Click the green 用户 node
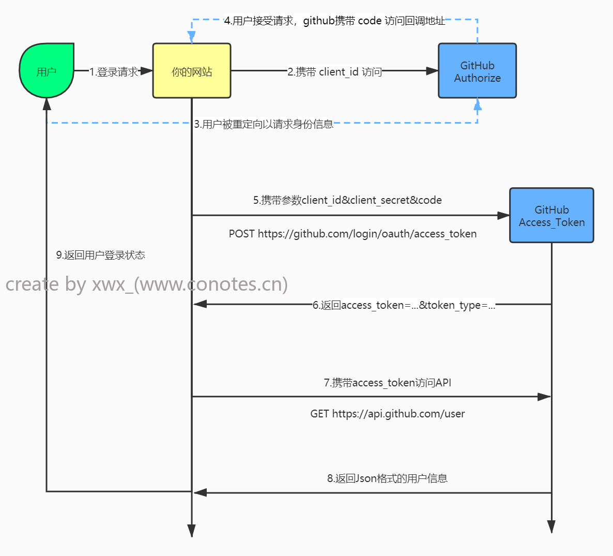click(x=47, y=71)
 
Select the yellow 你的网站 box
click(x=192, y=71)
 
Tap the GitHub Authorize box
click(x=477, y=71)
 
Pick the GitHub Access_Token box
click(x=551, y=216)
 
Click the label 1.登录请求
click(x=114, y=72)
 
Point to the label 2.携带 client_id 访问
click(x=334, y=72)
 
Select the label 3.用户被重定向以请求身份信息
click(x=264, y=124)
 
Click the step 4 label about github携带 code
click(x=334, y=21)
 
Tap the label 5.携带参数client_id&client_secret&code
click(x=347, y=200)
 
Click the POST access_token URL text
click(x=353, y=234)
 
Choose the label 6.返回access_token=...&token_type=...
click(x=404, y=305)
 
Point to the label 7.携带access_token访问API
click(x=387, y=383)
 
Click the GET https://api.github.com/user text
click(x=387, y=414)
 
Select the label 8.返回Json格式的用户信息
click(x=387, y=478)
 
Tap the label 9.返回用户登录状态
click(x=100, y=255)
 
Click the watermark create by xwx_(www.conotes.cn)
click(x=147, y=284)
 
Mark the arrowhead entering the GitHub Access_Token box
click(x=503, y=216)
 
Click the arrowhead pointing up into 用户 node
click(x=47, y=104)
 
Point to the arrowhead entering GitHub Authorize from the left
click(x=432, y=71)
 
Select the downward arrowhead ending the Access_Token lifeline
click(x=551, y=527)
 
